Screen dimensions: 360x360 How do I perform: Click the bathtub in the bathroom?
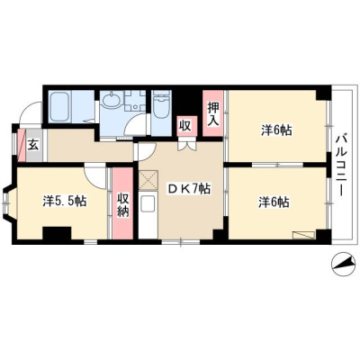point(60,106)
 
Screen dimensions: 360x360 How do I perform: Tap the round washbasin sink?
point(111,100)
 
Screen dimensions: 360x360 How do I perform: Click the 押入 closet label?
point(213,113)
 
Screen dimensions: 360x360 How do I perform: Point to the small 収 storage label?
point(185,126)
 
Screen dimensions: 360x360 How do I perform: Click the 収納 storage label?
point(122,205)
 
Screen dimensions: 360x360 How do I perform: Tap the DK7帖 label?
point(188,189)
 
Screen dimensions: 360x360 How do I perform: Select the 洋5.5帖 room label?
point(65,201)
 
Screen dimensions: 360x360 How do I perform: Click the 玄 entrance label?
point(33,146)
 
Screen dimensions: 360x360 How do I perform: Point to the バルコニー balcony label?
point(341,165)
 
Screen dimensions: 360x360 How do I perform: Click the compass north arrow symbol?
point(342,264)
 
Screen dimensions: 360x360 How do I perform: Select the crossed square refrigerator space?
point(148,179)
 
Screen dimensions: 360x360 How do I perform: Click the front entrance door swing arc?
point(27,105)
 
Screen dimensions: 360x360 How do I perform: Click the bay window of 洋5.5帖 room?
point(7,203)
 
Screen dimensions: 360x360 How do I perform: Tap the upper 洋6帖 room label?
point(276,130)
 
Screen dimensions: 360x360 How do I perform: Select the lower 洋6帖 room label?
point(274,202)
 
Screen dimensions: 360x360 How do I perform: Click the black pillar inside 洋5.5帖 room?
point(57,233)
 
